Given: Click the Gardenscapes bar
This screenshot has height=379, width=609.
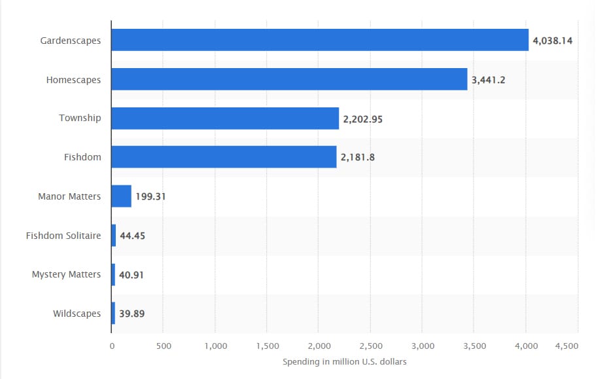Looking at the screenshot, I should click(x=319, y=40).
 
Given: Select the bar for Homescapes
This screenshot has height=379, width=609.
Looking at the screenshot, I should click(x=289, y=79).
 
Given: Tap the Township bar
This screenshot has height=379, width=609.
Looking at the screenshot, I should click(x=225, y=118).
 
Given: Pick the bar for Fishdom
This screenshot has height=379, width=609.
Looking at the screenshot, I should click(x=224, y=157).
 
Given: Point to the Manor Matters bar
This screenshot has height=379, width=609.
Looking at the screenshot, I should click(x=122, y=196).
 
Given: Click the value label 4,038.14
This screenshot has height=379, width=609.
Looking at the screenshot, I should click(x=553, y=41).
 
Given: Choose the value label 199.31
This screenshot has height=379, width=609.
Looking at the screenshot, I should click(x=150, y=196).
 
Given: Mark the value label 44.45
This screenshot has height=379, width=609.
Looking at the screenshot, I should click(x=132, y=236).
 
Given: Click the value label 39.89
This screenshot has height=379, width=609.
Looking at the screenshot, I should click(x=131, y=314).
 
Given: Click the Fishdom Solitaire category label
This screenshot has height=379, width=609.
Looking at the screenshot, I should click(x=63, y=235).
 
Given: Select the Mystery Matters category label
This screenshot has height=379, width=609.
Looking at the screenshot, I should click(x=66, y=274).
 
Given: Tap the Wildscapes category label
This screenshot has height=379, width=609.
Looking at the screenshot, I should click(x=77, y=314).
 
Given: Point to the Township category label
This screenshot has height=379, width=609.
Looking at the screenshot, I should click(x=80, y=118).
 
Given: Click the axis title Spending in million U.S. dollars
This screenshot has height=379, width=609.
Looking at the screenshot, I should click(x=344, y=362).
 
